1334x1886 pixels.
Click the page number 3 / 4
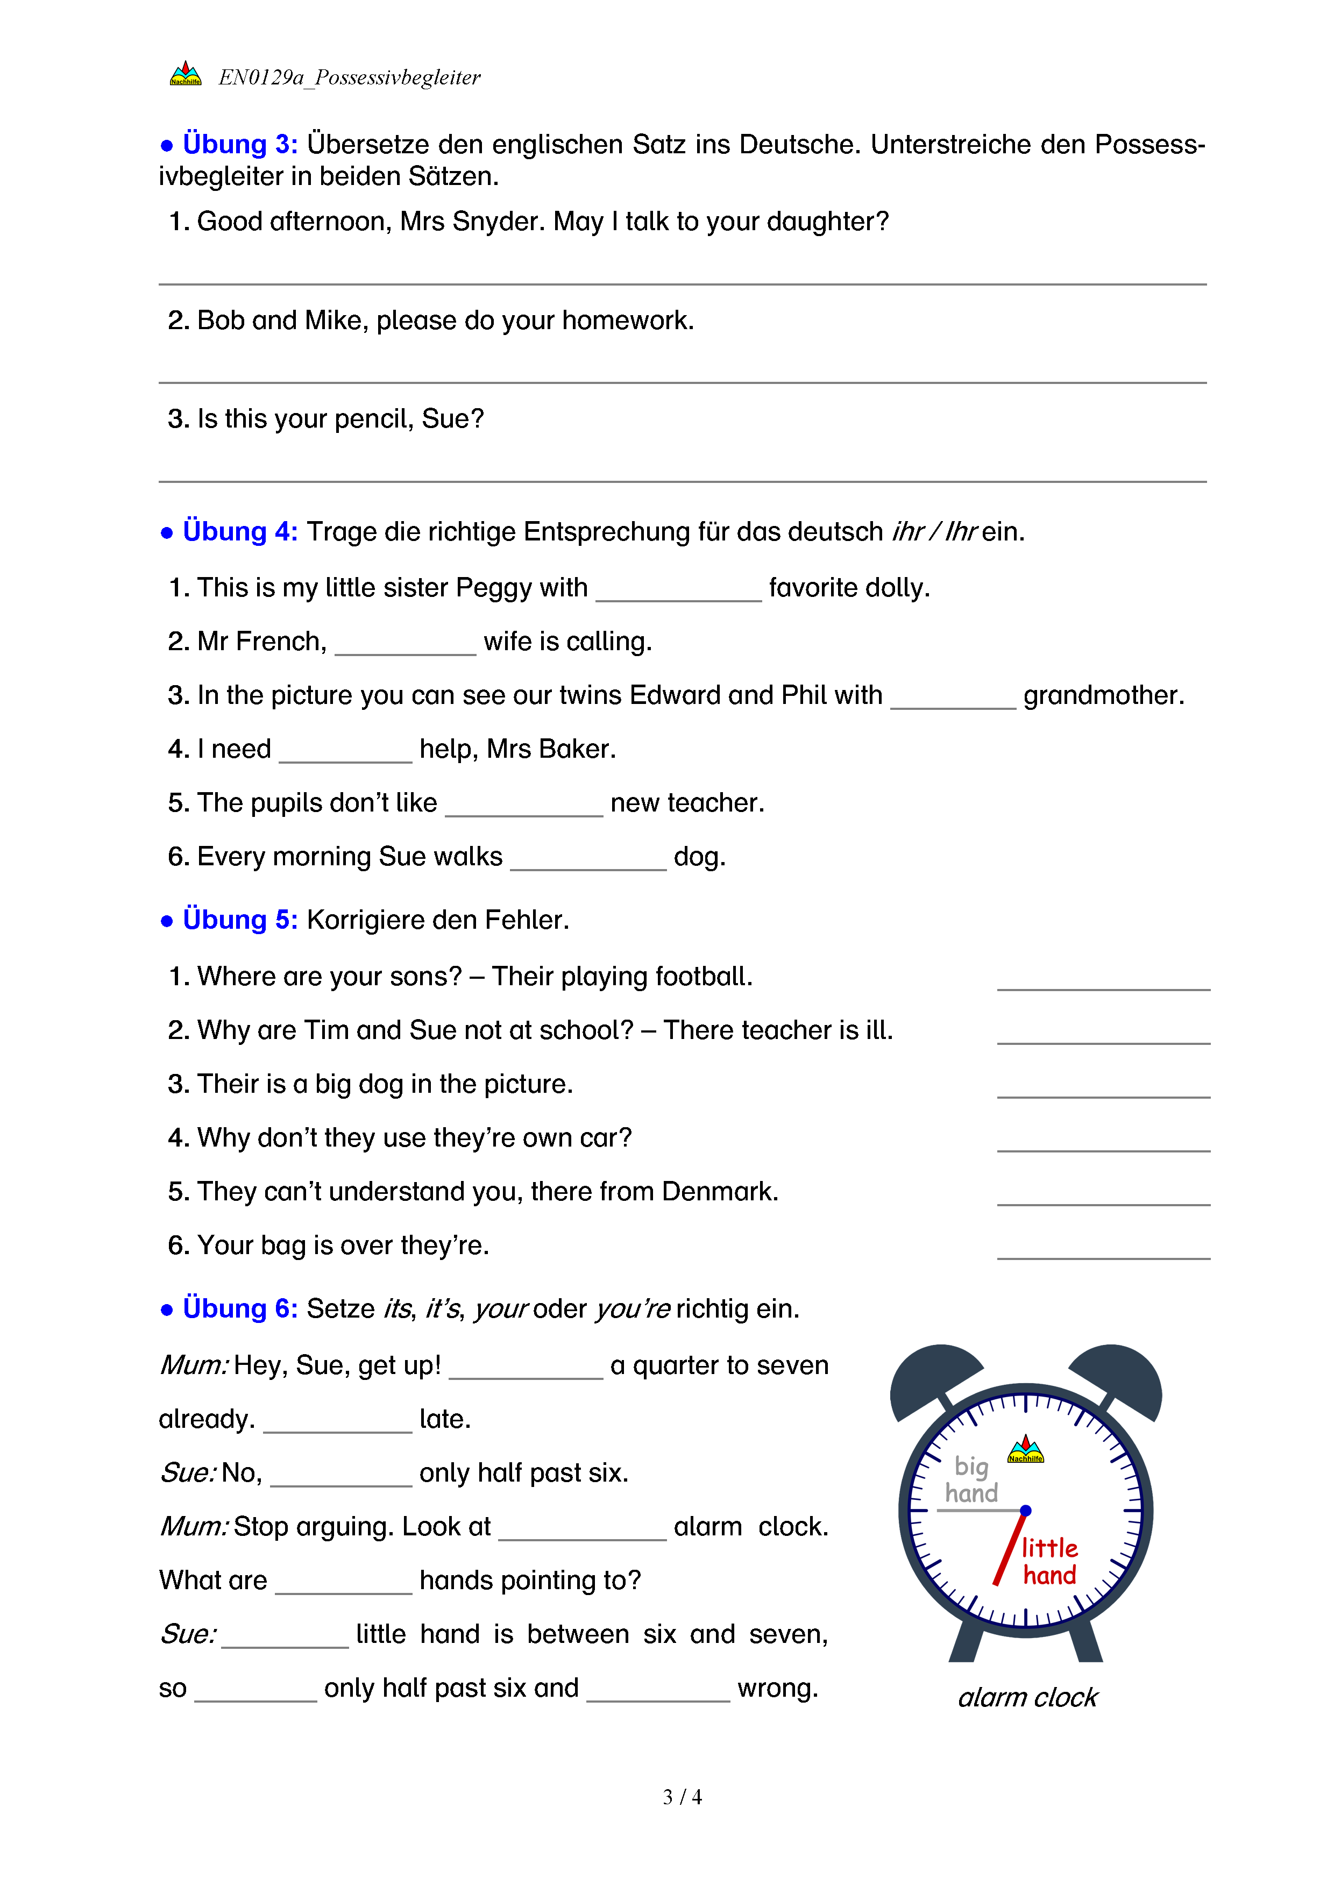(682, 1797)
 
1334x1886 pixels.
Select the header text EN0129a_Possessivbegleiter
(349, 77)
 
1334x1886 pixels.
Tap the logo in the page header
(186, 74)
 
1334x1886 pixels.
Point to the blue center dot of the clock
(1025, 1511)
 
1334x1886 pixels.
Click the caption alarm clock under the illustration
(1027, 1697)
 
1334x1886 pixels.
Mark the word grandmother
(1103, 696)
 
